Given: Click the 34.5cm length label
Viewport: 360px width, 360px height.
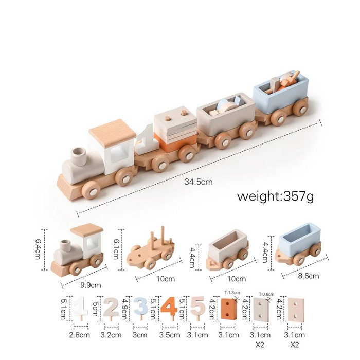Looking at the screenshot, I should [x=199, y=182].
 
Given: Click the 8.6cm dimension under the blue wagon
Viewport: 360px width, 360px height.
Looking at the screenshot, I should [x=308, y=276].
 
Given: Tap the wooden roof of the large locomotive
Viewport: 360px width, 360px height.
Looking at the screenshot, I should [x=112, y=131].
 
